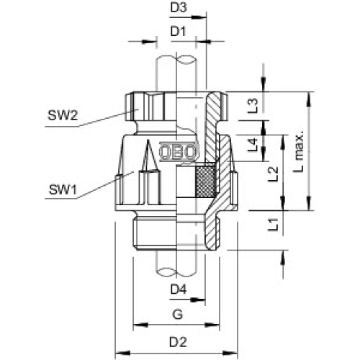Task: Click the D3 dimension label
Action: [x=179, y=8]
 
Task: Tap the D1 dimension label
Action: [x=179, y=32]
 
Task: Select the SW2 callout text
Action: [x=63, y=115]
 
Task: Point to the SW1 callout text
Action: [x=63, y=189]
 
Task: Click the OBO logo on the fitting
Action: [x=179, y=152]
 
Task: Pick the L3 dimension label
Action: [x=253, y=106]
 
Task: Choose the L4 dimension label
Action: [x=253, y=145]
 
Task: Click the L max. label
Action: [x=299, y=151]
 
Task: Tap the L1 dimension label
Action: [x=273, y=225]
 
